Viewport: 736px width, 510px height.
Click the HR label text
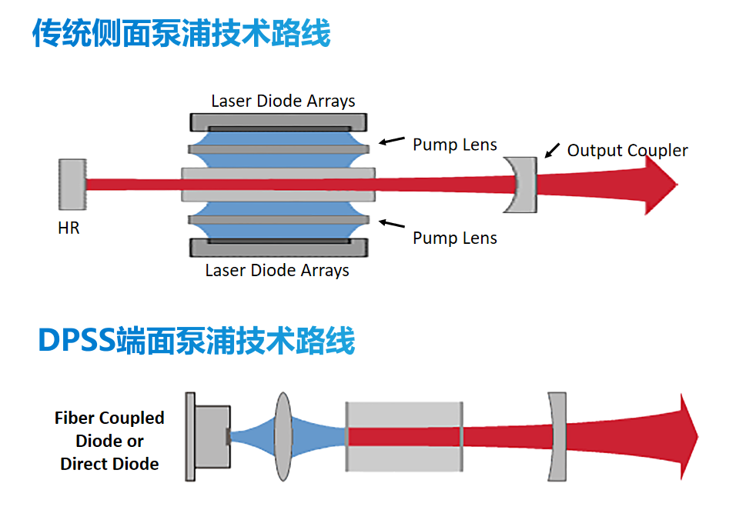coord(69,228)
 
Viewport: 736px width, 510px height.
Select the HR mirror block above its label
coord(72,184)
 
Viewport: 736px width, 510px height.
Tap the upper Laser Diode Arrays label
coord(283,102)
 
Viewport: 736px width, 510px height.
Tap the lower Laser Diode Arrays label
coord(277,271)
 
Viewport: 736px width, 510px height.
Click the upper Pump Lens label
coord(455,145)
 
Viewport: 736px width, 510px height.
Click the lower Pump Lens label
coord(455,238)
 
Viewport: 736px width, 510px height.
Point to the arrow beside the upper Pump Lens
coord(393,140)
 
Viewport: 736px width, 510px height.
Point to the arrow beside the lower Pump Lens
coord(393,224)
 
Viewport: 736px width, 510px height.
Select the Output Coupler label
coord(627,151)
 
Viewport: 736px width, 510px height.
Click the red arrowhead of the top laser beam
coord(658,185)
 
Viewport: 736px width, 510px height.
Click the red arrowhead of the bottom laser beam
coord(687,437)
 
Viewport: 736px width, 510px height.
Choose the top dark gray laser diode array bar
coord(278,123)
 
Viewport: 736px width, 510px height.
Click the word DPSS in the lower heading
coord(77,340)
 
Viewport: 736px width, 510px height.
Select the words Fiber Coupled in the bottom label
coord(109,418)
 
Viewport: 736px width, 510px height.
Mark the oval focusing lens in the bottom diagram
coord(283,437)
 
